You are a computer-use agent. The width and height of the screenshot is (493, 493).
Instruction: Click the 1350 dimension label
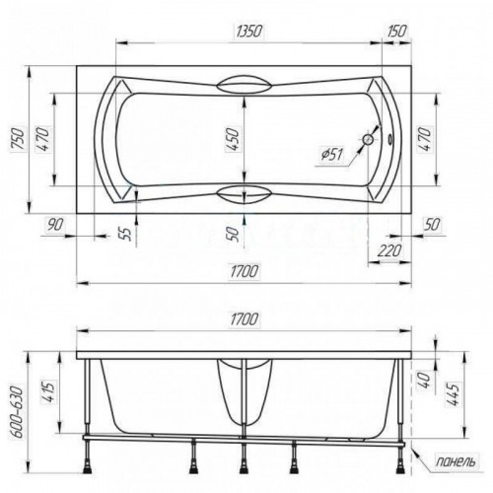(x=249, y=32)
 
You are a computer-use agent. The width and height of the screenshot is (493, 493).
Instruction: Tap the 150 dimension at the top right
(x=396, y=31)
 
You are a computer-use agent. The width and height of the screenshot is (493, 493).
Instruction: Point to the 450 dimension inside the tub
(x=233, y=140)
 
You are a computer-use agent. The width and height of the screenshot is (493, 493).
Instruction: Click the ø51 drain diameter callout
(x=332, y=155)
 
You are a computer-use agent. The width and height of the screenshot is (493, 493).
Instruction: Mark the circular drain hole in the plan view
(x=368, y=140)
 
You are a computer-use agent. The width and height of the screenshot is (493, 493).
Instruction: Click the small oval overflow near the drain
(x=390, y=139)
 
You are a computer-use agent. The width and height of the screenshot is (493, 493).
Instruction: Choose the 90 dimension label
(x=55, y=225)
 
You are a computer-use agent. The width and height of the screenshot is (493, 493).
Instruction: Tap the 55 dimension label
(x=126, y=233)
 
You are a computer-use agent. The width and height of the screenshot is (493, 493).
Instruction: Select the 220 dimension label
(x=389, y=251)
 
